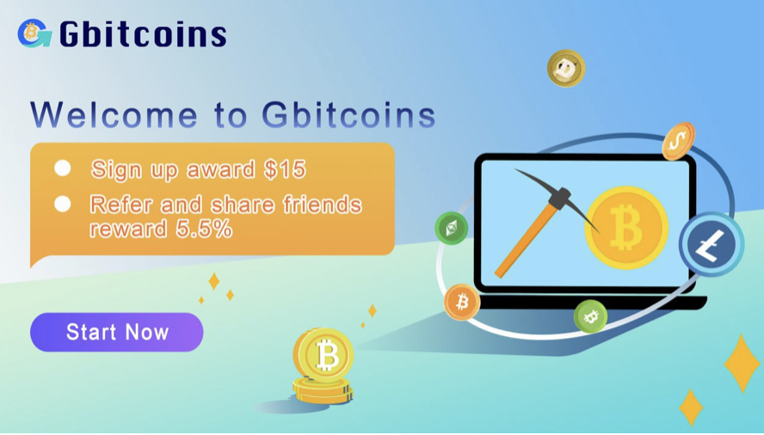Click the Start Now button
[116, 332]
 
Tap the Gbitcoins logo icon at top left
[34, 34]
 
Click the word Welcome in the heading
[114, 115]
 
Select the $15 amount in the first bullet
[285, 169]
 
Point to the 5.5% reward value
[204, 229]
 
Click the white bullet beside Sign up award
[62, 168]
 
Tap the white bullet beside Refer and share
[62, 204]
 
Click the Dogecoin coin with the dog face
[566, 68]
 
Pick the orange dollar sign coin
[678, 141]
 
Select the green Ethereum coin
[452, 228]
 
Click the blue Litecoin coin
[712, 244]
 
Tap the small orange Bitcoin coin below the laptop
[461, 302]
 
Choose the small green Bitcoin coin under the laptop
[590, 316]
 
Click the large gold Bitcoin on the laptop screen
[626, 228]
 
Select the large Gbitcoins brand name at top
[143, 34]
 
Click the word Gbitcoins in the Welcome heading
[348, 115]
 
